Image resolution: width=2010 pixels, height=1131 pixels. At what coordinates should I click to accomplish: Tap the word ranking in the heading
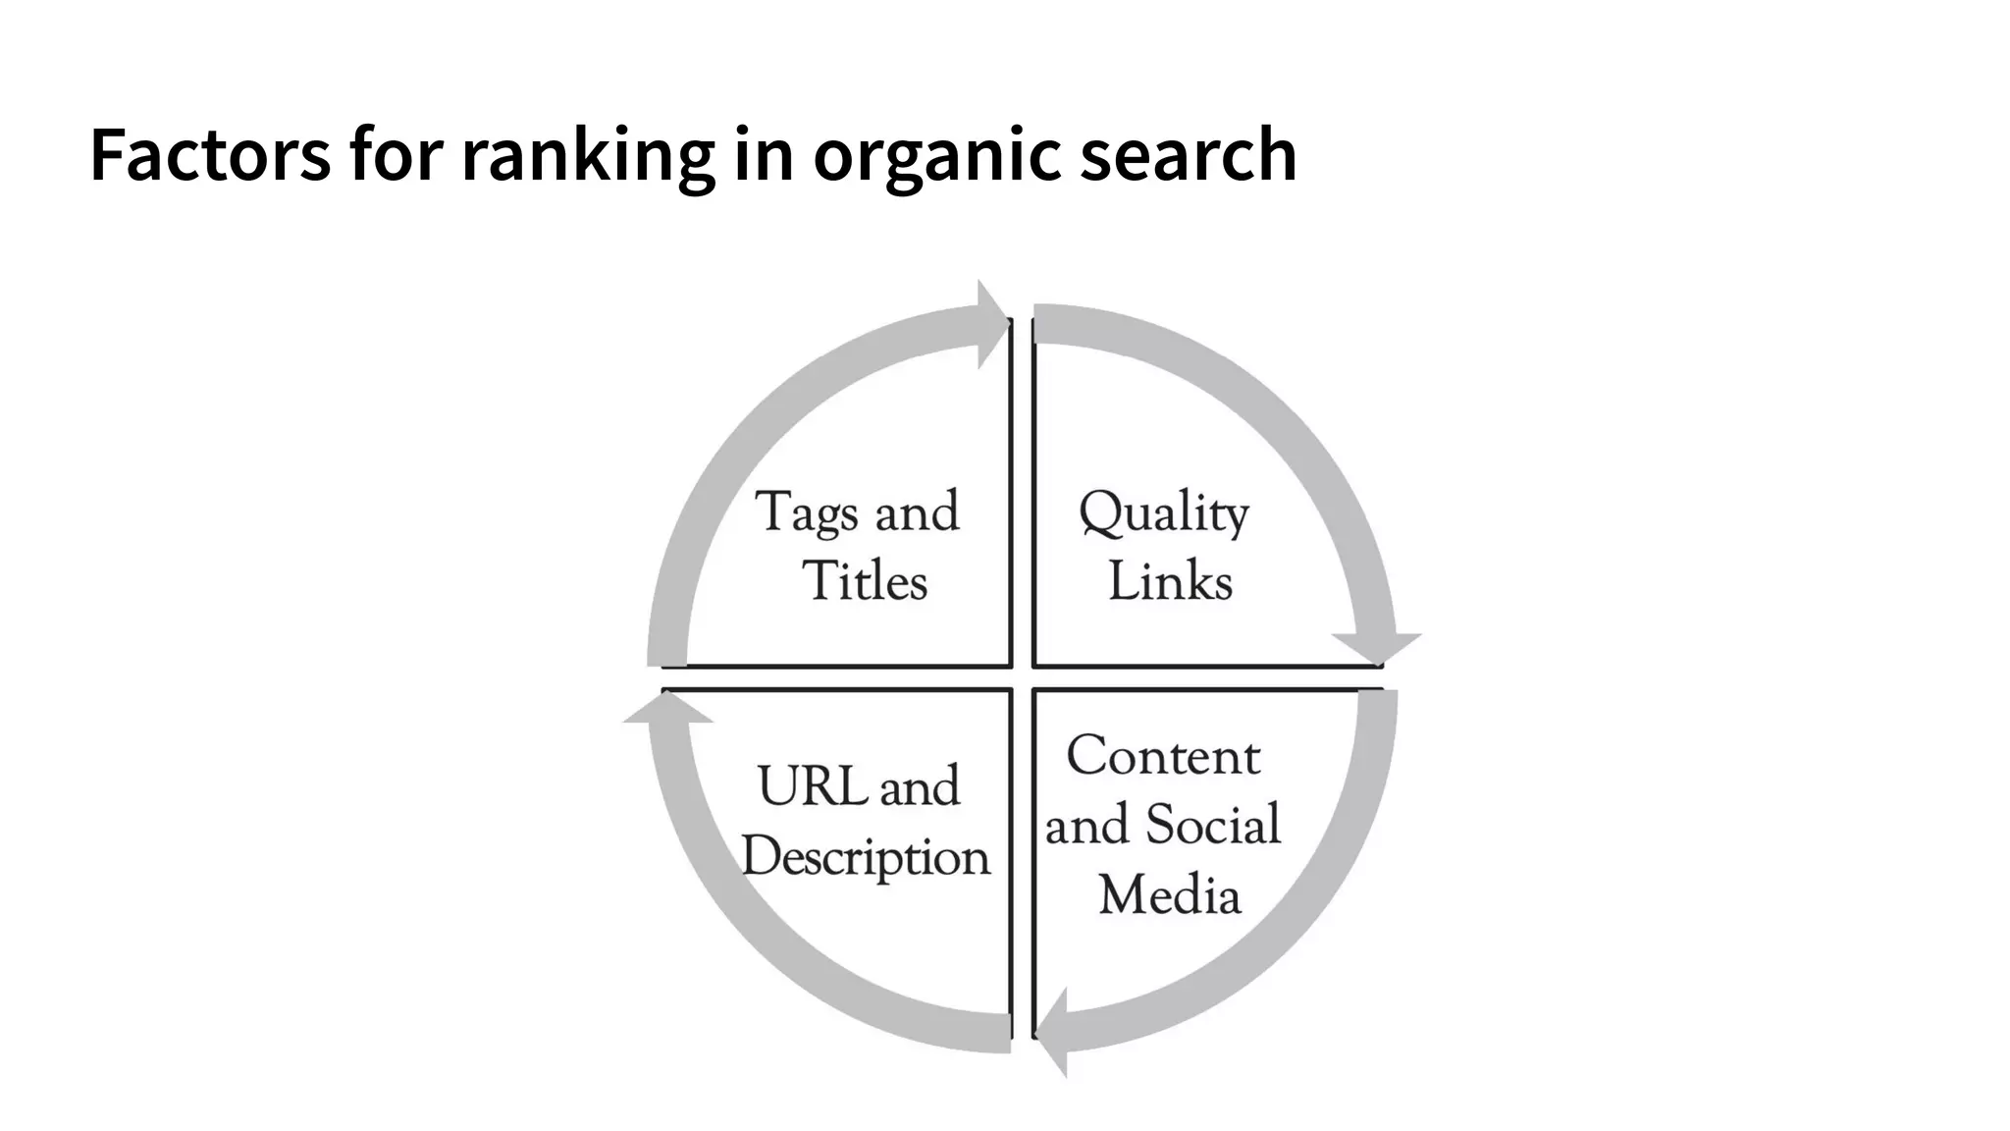587,155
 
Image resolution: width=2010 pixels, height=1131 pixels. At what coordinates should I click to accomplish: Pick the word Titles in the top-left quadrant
865,580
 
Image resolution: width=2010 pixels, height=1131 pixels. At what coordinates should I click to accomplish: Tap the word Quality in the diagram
1164,513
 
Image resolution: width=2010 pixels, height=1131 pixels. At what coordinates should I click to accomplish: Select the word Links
1170,580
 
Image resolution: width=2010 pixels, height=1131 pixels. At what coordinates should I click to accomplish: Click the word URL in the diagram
811,786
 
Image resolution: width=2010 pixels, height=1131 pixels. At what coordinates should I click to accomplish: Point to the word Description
866,857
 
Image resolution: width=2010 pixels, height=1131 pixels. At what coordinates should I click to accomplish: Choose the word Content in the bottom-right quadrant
1163,756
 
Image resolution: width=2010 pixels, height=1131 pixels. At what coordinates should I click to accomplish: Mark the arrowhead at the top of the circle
991,324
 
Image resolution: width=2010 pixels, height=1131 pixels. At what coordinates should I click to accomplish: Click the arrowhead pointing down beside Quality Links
1376,647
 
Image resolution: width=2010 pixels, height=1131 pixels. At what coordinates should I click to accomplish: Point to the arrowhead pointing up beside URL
667,710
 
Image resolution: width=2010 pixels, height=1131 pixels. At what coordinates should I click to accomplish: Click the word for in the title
397,155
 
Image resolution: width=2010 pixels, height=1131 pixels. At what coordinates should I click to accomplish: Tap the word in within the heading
764,155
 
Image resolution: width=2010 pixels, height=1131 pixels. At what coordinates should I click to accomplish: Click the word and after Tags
916,512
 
